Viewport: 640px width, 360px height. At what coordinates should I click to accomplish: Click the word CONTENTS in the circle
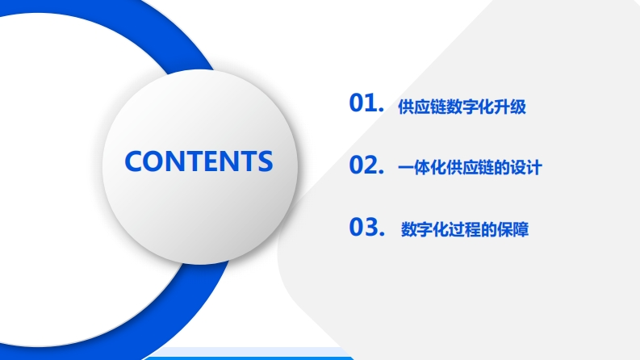[199, 161]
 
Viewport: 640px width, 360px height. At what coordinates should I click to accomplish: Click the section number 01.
[366, 103]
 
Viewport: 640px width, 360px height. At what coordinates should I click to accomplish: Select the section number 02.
[366, 165]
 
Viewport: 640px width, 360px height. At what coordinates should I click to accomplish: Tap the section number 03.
[367, 227]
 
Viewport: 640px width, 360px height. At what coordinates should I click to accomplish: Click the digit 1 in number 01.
[371, 103]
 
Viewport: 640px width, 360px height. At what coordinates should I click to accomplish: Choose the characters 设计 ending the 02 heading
[526, 168]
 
